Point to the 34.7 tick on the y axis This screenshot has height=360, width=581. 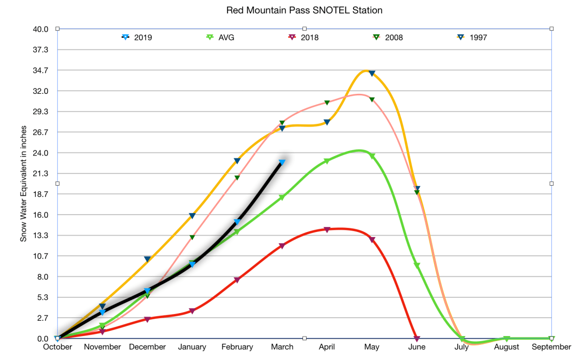coord(40,70)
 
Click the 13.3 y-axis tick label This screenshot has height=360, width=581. coord(40,236)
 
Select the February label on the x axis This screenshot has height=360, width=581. coord(237,347)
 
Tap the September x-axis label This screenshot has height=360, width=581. coord(551,347)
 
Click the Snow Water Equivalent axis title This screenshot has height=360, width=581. coord(23,184)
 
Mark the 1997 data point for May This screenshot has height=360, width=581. coord(372,73)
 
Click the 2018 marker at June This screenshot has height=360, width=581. coord(417,339)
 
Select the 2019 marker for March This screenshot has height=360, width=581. coord(282,162)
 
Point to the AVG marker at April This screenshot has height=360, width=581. coord(327,161)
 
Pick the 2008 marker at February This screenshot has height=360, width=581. coord(237,177)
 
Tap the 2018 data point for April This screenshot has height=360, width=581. coord(327,229)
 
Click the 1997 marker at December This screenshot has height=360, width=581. coord(147,259)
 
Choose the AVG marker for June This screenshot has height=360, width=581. coord(417,265)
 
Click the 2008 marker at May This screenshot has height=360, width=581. coord(372,99)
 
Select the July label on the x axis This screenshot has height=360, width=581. coord(462,347)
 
